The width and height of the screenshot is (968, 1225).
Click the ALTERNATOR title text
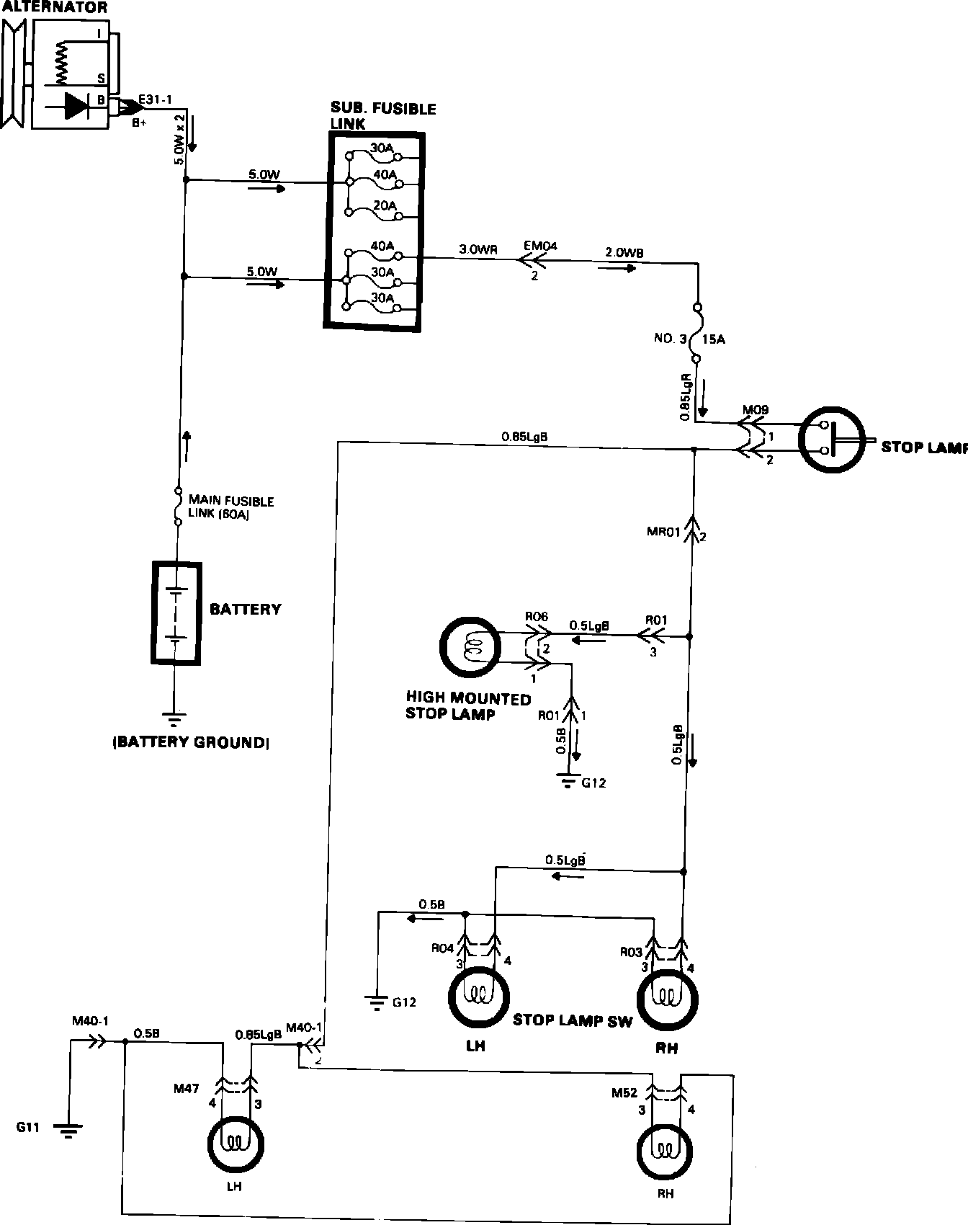click(x=54, y=7)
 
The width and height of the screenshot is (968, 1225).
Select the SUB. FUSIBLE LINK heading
click(x=382, y=116)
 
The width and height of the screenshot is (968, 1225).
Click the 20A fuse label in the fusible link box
click(x=383, y=205)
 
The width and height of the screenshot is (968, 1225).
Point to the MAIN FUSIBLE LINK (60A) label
click(x=230, y=507)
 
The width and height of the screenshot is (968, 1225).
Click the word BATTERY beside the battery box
click(x=245, y=610)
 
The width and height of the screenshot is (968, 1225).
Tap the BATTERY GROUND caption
click(x=191, y=742)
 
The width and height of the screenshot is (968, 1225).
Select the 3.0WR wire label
click(x=478, y=249)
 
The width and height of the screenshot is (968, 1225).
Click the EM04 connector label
click(x=540, y=246)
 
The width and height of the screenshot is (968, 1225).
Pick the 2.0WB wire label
click(x=624, y=252)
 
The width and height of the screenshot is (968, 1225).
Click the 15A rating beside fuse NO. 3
click(x=713, y=339)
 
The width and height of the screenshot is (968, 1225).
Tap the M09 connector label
click(x=755, y=410)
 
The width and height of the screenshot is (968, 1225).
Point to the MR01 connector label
click(x=663, y=533)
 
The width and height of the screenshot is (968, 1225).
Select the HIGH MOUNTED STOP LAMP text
click(x=468, y=706)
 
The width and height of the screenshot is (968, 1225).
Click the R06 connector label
click(x=537, y=617)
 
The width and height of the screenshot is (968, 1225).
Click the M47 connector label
click(x=187, y=1088)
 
